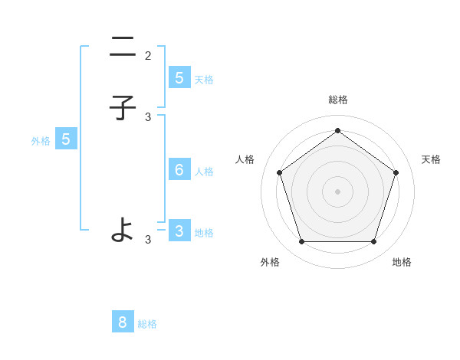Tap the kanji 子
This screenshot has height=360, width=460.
[x=123, y=108]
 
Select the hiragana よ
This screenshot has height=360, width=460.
[x=123, y=228]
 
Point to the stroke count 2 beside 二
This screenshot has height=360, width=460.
[x=148, y=56]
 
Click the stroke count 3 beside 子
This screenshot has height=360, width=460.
[x=148, y=117]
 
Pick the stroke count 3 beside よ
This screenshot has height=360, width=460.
[x=148, y=240]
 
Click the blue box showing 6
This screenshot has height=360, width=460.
[x=179, y=169]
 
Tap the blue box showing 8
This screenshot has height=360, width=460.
[x=123, y=322]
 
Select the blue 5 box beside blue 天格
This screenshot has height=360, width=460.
[x=179, y=77]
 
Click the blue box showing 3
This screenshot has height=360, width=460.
[x=179, y=231]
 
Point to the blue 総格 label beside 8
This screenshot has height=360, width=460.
[x=147, y=324]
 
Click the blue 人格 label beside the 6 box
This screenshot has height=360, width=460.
[x=204, y=172]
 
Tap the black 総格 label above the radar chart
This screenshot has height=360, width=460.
[x=337, y=100]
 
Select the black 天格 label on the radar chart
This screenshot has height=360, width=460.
[x=431, y=159]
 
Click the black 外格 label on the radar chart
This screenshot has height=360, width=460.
[x=270, y=262]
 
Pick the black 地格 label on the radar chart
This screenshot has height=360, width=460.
[x=402, y=262]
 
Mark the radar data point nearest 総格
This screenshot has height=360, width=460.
[x=337, y=130]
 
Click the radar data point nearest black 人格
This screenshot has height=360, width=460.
[x=279, y=172]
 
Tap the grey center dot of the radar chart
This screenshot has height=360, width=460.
[x=337, y=191]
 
